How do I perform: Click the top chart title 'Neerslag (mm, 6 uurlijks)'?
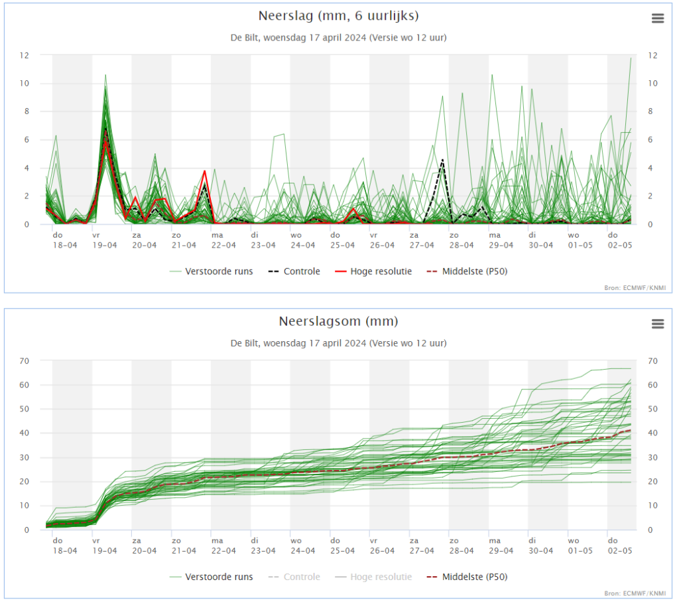(338, 16)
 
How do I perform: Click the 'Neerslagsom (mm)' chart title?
(338, 321)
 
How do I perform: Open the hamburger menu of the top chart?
(657, 18)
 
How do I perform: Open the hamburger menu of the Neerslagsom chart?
(657, 323)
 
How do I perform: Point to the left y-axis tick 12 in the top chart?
(25, 56)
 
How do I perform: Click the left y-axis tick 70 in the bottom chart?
(25, 361)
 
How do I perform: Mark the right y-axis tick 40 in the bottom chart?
(652, 433)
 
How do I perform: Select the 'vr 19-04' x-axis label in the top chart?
(104, 240)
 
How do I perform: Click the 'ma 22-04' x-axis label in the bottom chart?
(223, 546)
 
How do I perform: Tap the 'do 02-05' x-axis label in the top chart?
(620, 240)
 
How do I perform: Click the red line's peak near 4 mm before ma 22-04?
(204, 171)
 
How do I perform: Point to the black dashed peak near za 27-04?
(442, 160)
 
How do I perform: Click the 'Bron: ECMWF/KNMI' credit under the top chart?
(635, 288)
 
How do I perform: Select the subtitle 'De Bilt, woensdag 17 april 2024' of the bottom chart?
(298, 343)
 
